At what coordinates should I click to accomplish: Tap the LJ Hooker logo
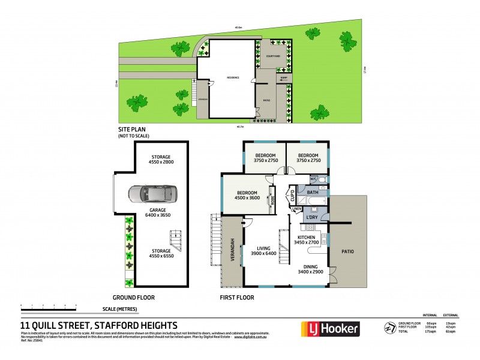coord(329,329)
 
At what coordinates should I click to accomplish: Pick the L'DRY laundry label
coord(312,216)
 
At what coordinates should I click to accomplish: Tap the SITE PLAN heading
coord(131,130)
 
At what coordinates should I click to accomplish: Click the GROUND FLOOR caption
coord(134,298)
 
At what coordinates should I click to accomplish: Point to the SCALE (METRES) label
coord(121,309)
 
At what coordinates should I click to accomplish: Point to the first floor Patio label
coord(347,253)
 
